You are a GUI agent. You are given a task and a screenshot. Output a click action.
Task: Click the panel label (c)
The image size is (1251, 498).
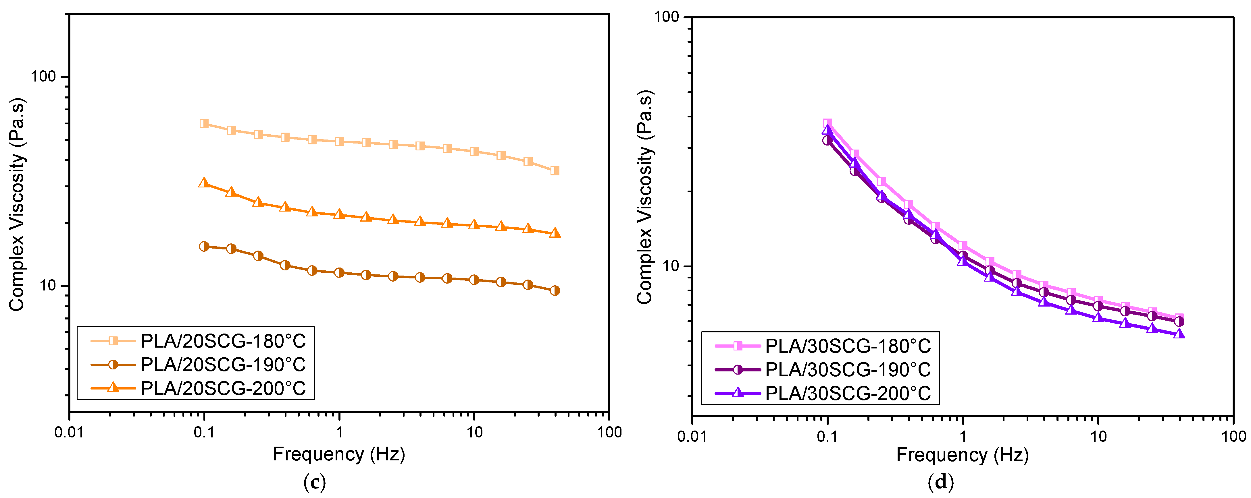tap(314, 483)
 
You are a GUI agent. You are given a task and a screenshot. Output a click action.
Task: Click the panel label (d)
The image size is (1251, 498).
tap(941, 483)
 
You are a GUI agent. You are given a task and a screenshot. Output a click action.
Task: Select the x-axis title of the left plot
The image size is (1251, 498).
tap(338, 454)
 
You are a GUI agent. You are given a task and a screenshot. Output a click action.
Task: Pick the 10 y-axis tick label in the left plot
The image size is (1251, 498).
tap(48, 285)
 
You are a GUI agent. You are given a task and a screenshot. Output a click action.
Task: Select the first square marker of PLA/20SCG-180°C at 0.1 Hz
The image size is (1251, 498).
tap(204, 124)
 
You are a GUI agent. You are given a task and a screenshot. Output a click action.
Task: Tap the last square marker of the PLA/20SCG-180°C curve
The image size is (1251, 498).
tap(555, 171)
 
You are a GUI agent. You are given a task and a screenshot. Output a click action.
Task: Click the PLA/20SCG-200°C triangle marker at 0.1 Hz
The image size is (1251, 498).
tap(204, 183)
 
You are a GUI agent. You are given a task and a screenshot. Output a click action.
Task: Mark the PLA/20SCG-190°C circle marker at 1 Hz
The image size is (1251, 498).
tap(339, 273)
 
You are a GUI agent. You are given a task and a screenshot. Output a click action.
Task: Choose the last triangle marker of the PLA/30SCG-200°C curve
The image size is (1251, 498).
tap(1179, 334)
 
